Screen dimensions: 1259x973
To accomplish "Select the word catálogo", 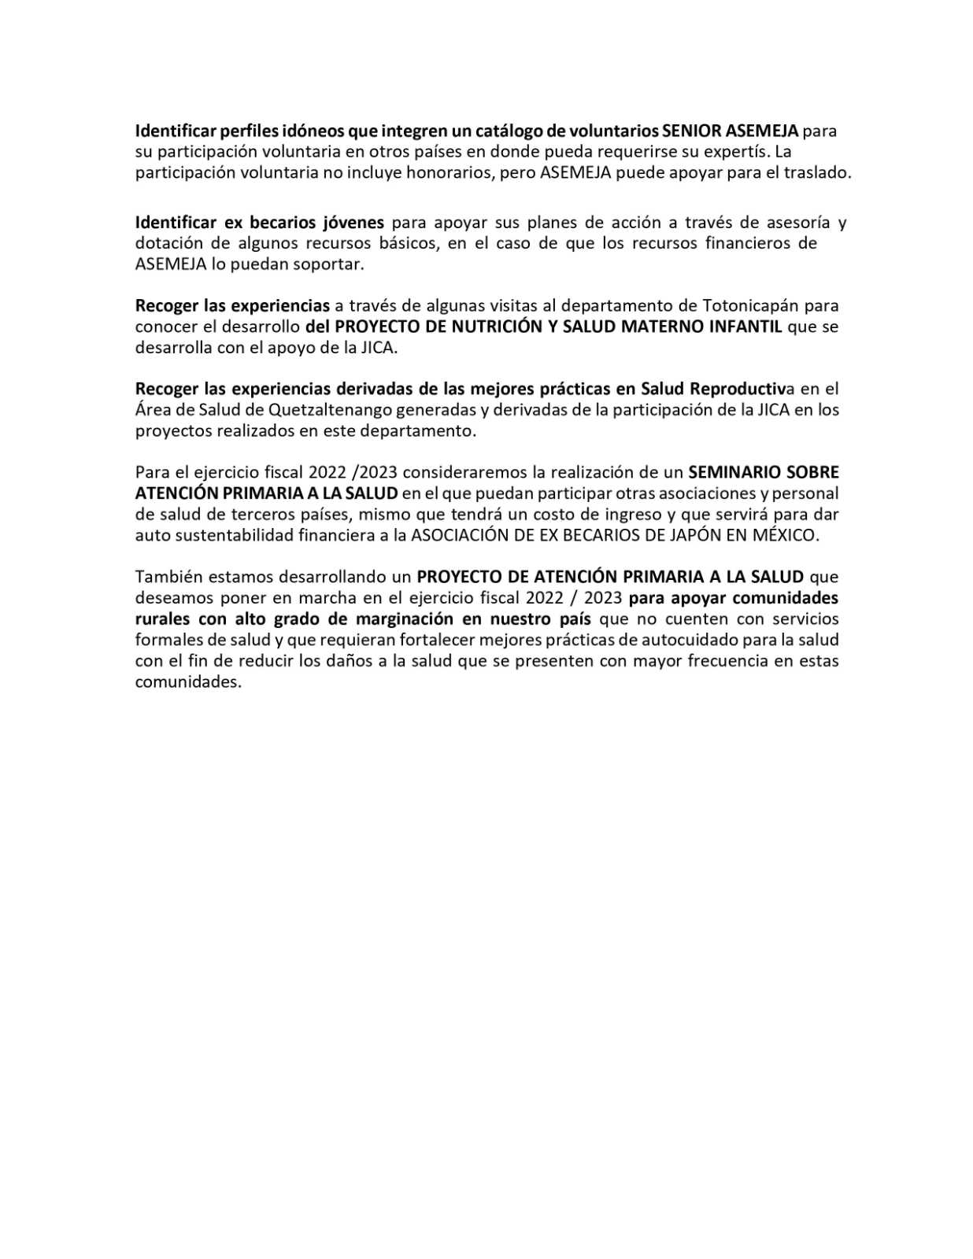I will [x=498, y=131].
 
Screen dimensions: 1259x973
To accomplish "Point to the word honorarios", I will [x=450, y=173].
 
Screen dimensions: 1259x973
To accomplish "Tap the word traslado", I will [x=817, y=173].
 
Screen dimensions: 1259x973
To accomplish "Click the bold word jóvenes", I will [x=349, y=223].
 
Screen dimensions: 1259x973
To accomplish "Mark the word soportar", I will [x=328, y=264].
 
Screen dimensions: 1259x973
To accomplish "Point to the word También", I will [x=166, y=577].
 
